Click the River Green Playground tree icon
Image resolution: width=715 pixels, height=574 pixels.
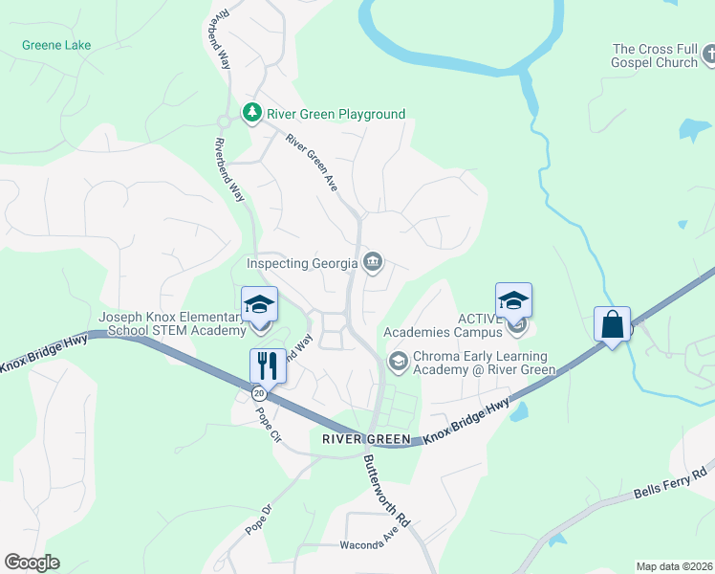[252, 114]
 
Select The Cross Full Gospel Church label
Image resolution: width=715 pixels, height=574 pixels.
[655, 55]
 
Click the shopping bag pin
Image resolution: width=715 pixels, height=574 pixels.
[612, 324]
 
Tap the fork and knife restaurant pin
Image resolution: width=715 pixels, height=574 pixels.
[266, 364]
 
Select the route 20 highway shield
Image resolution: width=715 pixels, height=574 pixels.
[258, 392]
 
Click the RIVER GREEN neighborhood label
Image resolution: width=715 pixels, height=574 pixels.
[366, 439]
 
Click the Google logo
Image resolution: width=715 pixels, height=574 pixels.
[32, 563]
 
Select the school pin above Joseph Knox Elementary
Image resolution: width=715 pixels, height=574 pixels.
[259, 305]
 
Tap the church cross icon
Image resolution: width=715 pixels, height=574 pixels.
[707, 56]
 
